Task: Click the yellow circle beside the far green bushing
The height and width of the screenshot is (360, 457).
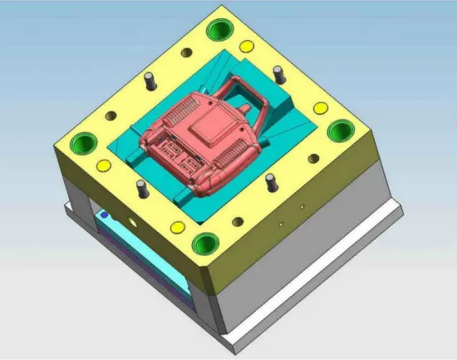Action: point(248,47)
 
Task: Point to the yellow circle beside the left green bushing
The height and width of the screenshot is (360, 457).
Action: point(105,165)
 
